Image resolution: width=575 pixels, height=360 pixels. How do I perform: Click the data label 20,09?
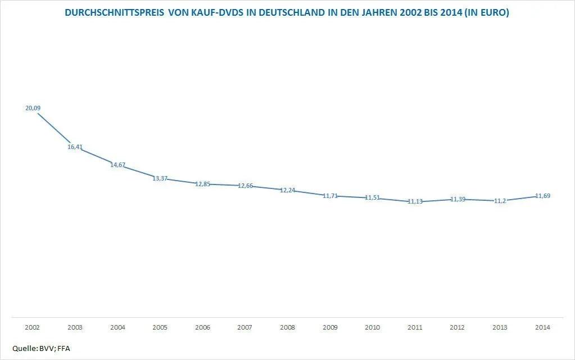[33, 108]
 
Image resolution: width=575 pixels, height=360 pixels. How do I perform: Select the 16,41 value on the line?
[75, 147]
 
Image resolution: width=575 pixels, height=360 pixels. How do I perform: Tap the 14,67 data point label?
[118, 165]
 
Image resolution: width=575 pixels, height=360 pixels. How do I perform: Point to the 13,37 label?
[160, 179]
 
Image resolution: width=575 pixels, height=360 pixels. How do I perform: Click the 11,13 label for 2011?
[415, 201]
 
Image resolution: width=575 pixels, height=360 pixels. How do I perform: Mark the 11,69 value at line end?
[542, 196]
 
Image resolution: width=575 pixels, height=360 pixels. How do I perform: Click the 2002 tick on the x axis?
[33, 327]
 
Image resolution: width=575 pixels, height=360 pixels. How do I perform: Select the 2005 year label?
[160, 327]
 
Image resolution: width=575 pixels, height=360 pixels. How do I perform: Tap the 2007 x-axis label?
[245, 327]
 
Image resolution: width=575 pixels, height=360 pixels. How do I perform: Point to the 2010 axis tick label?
[373, 327]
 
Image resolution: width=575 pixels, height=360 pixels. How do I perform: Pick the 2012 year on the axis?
[458, 327]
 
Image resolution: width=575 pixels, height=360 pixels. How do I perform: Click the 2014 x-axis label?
[542, 327]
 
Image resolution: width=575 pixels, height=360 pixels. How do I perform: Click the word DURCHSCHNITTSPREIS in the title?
[115, 13]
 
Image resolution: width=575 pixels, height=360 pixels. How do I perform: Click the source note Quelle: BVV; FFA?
[41, 349]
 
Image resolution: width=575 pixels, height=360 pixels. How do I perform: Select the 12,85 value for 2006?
[203, 184]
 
